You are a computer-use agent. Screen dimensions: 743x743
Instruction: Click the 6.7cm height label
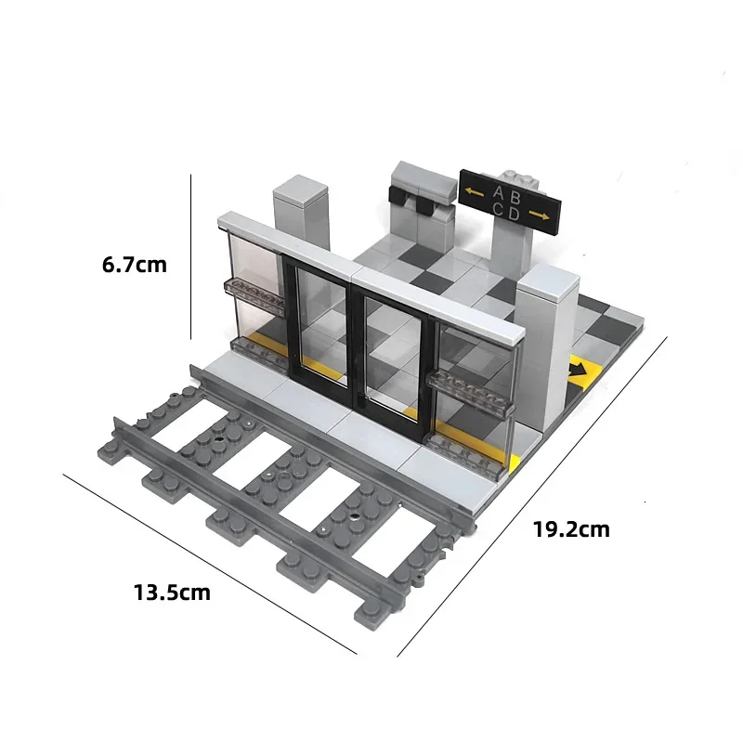(135, 265)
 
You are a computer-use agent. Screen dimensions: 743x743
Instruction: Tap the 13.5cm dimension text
(172, 593)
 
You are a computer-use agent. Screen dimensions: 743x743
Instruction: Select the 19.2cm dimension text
(571, 529)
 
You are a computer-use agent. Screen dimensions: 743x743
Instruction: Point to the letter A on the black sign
(499, 192)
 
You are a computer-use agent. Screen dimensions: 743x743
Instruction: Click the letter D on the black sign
(514, 215)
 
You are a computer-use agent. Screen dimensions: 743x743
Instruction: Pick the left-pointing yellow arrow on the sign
(474, 192)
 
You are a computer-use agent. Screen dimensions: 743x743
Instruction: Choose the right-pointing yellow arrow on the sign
(540, 215)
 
